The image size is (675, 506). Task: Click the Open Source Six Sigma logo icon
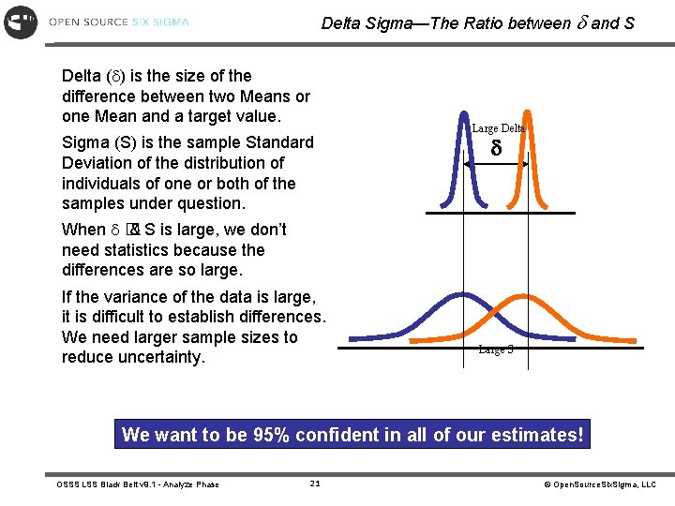coord(21,22)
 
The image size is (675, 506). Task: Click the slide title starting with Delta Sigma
coord(477,23)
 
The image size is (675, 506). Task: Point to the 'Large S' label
coord(495,350)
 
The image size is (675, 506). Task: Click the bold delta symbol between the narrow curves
coord(496,148)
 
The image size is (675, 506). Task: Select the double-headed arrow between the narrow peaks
coord(496,164)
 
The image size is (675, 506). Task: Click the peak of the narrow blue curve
coord(465,114)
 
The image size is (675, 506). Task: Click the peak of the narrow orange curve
coord(529,114)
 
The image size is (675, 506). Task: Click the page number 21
coord(315,484)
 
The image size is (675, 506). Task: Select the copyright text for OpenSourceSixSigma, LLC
coord(600,484)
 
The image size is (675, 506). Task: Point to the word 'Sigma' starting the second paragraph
coord(84,142)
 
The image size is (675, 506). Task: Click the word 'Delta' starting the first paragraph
coord(82,76)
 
